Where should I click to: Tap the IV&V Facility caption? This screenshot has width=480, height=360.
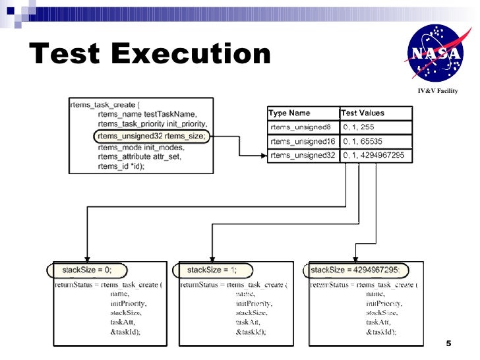(x=437, y=90)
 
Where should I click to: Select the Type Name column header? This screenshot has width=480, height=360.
(x=290, y=113)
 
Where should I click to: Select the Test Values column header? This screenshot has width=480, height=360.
(x=363, y=113)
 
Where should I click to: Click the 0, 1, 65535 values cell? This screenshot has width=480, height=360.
(x=363, y=142)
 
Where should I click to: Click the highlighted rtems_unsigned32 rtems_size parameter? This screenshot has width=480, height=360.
(x=151, y=136)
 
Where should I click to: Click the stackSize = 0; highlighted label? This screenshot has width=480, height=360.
(x=86, y=270)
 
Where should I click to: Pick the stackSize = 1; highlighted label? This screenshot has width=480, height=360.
(x=210, y=270)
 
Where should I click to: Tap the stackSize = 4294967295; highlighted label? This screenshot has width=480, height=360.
(x=355, y=270)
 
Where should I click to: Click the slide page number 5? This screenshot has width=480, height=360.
(x=448, y=344)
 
